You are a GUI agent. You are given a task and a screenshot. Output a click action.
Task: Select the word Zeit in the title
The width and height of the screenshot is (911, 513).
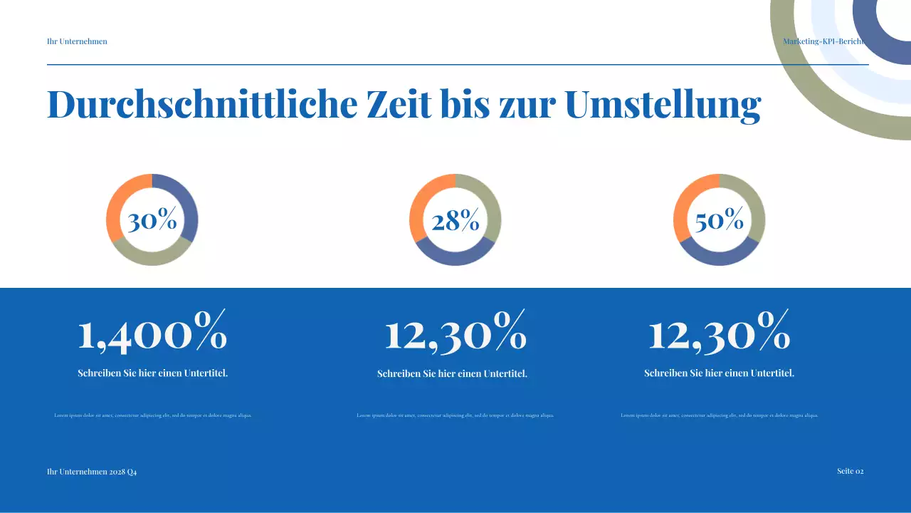pos(399,104)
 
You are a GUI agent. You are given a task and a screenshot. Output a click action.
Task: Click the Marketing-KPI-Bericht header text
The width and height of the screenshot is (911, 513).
pos(823,41)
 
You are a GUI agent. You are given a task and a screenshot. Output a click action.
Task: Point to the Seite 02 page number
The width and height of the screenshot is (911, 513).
pos(850,471)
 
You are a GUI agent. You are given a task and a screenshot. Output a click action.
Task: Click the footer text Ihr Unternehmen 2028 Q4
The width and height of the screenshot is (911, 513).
pos(92,472)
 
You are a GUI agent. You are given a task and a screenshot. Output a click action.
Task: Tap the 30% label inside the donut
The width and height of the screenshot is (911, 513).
pos(152,221)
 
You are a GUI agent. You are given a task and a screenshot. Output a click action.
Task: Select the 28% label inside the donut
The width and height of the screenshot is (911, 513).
pos(455,221)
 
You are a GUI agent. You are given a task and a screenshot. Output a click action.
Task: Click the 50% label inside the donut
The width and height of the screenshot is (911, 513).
pos(720,221)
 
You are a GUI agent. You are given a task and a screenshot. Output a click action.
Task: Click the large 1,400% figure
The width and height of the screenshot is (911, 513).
pos(152,333)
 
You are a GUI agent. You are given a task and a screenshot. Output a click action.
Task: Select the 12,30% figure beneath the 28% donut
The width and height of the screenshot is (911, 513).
pos(455,333)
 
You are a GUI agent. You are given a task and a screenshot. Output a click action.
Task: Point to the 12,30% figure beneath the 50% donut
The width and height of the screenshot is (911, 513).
pos(720,333)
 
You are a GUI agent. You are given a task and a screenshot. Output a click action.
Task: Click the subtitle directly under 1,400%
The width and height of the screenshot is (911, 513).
pos(152,373)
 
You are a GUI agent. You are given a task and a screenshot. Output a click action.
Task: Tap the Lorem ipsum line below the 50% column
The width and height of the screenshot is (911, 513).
pos(720,415)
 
